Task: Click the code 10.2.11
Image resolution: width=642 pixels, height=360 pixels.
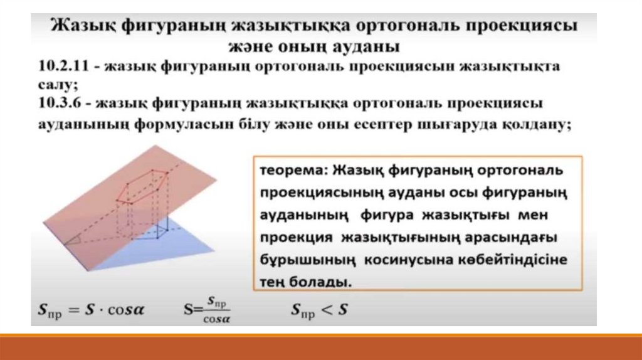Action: click(x=63, y=66)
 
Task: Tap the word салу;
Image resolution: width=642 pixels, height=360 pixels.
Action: click(x=58, y=85)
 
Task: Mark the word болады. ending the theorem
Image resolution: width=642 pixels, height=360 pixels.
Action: click(x=320, y=282)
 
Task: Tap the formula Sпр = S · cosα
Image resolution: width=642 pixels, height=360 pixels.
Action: click(x=91, y=310)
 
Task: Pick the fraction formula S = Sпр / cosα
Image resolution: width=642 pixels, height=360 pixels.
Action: click(x=207, y=309)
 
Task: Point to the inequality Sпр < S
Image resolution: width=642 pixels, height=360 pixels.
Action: click(x=319, y=310)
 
